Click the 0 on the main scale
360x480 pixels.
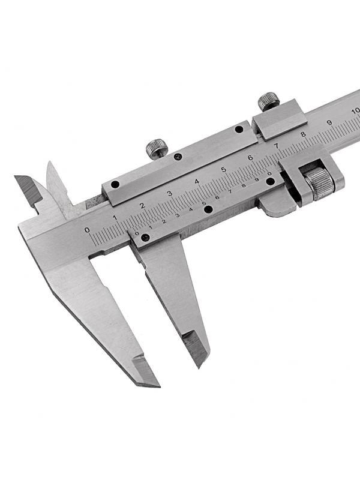tap(88, 230)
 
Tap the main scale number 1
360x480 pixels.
tap(115, 218)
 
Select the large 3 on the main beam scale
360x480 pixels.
tap(169, 193)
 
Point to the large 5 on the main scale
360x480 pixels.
tap(223, 169)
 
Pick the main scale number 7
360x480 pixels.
tap(277, 146)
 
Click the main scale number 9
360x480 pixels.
tap(329, 123)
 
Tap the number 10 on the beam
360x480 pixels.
tap(356, 111)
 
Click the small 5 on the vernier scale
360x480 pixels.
tap(204, 203)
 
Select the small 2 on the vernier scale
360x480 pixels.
tap(164, 221)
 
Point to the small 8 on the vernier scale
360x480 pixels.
tap(244, 185)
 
